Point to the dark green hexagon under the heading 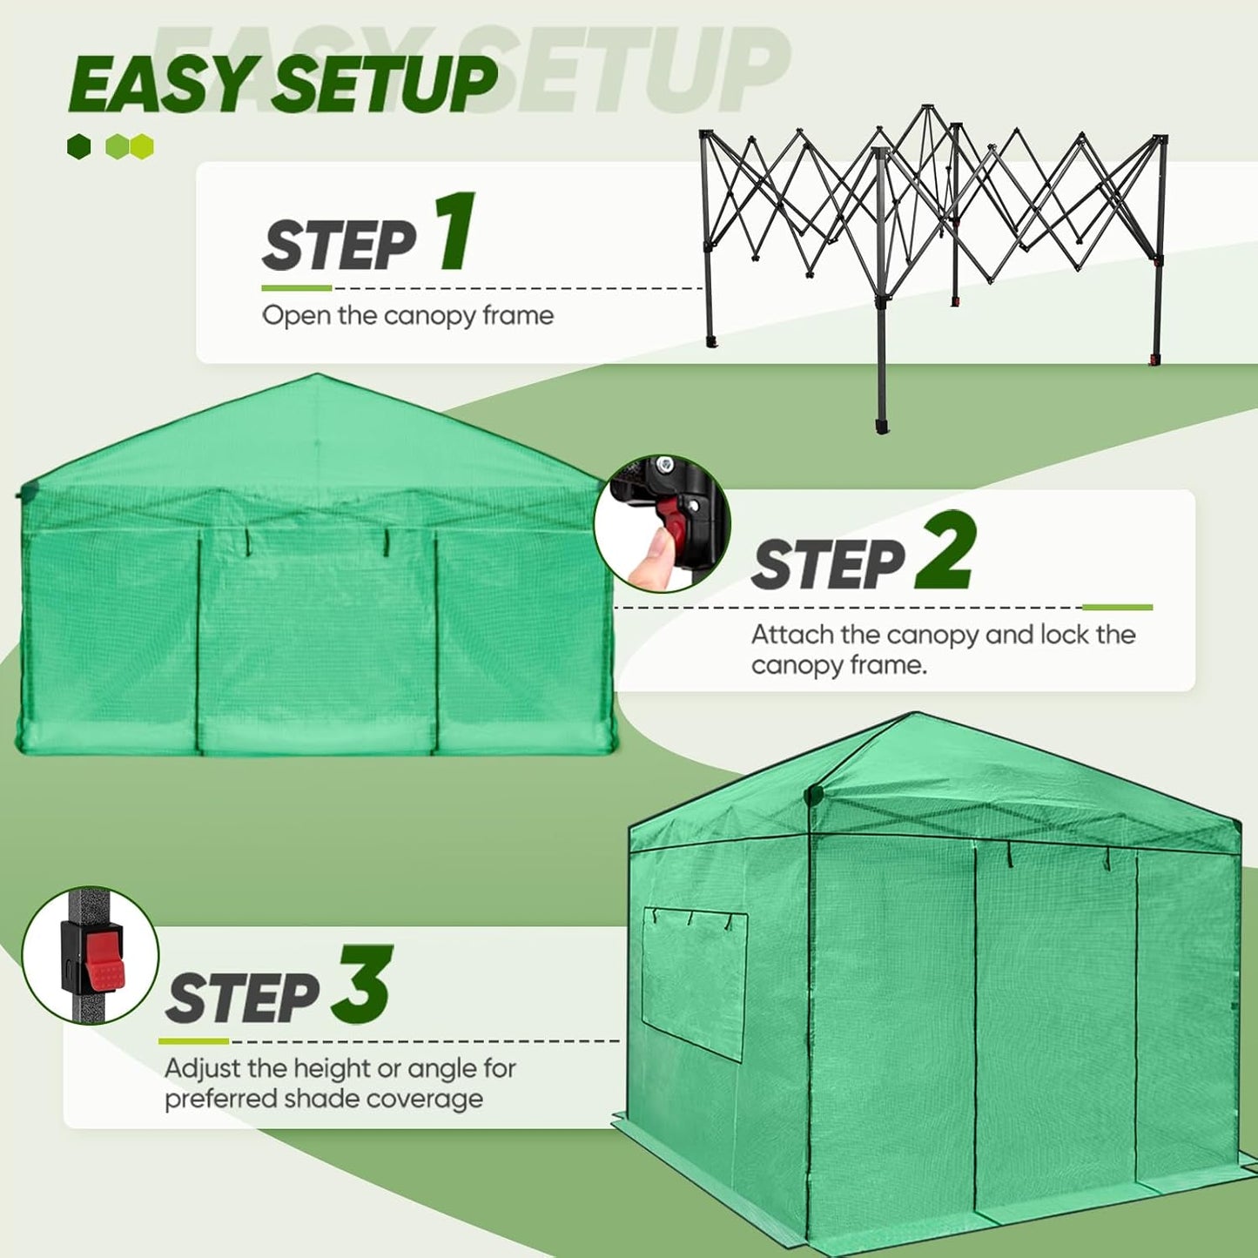tap(79, 146)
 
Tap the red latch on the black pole tap(103, 962)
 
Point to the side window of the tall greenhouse tap(694, 983)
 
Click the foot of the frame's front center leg tap(883, 427)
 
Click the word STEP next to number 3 tap(243, 999)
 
